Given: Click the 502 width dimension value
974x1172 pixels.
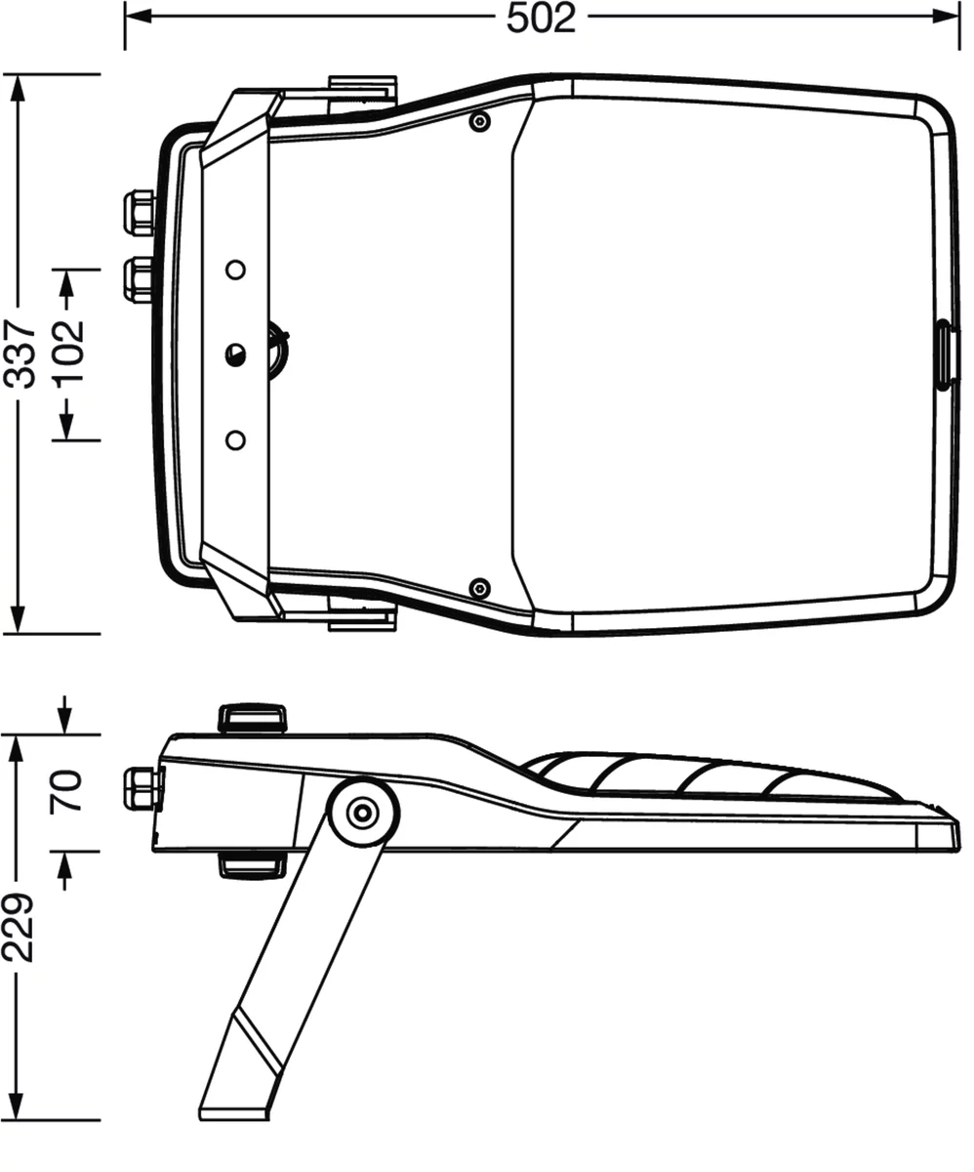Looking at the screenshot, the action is pyautogui.click(x=541, y=19).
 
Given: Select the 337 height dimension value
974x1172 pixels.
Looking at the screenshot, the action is pyautogui.click(x=20, y=355).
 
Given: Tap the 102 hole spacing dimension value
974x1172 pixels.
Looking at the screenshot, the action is pyautogui.click(x=69, y=352).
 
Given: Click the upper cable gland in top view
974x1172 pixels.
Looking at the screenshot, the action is pyautogui.click(x=139, y=213).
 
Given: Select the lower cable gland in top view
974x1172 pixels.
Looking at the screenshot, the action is pyautogui.click(x=139, y=279).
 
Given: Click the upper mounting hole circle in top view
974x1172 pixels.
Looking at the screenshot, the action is pyautogui.click(x=235, y=270).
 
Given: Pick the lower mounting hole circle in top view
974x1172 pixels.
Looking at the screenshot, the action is pyautogui.click(x=235, y=439).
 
